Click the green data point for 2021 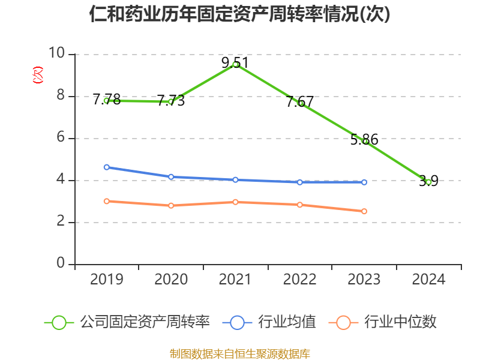[236, 64]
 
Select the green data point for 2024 [428, 181]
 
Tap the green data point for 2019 [107, 100]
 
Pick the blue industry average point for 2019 [107, 167]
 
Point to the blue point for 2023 [364, 182]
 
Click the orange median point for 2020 [171, 205]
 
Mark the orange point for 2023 [364, 211]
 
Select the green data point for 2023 [365, 141]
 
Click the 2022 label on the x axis [299, 280]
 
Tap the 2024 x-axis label [428, 280]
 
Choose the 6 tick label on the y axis [61, 137]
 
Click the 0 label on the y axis [61, 263]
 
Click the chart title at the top [240, 14]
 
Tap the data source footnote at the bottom [240, 353]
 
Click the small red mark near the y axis [38, 75]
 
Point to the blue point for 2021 [236, 180]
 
